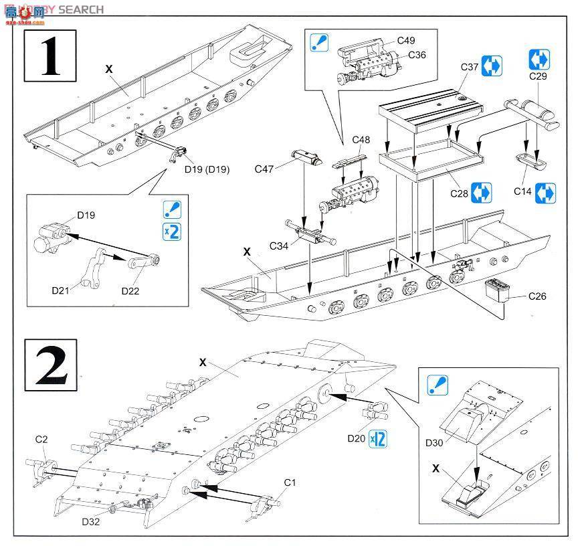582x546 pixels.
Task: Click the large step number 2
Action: click(51, 365)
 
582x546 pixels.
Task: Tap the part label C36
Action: click(416, 55)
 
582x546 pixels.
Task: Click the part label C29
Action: click(539, 77)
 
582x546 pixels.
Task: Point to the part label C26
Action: click(537, 296)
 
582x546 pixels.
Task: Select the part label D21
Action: click(62, 290)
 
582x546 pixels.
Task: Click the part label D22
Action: click(131, 290)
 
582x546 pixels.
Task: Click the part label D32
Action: click(92, 521)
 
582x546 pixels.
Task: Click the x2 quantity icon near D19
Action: click(171, 232)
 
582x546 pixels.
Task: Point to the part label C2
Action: click(41, 439)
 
